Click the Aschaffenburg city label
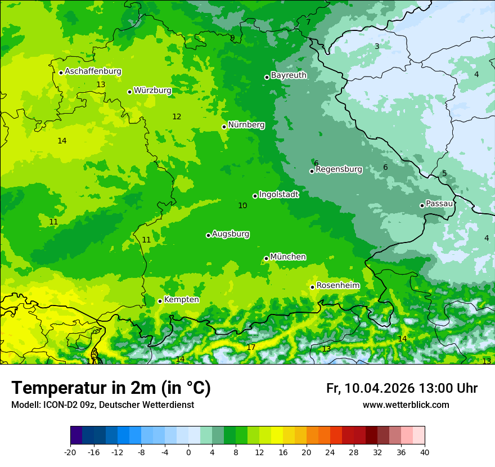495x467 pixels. tap(93, 71)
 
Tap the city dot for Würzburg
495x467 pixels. tap(129, 92)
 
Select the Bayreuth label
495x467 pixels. tap(289, 75)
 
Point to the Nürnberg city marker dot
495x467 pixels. tap(224, 127)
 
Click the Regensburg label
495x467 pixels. tap(339, 169)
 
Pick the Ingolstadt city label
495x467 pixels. tap(278, 194)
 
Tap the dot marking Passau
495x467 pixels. tap(422, 205)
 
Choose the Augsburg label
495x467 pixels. tap(231, 234)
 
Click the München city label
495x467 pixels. tap(288, 257)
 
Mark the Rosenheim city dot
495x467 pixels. tap(312, 287)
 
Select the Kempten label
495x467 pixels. tap(181, 299)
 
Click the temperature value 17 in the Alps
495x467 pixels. tap(251, 347)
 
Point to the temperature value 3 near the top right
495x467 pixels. tap(377, 46)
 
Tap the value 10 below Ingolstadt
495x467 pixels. tap(242, 205)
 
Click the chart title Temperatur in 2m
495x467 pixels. tap(111, 388)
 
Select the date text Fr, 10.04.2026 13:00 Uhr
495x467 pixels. tap(402, 388)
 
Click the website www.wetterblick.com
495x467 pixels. tap(406, 405)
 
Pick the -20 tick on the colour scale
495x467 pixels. tap(70, 452)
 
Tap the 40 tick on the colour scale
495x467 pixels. tap(424, 452)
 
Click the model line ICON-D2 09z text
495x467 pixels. tap(102, 405)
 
